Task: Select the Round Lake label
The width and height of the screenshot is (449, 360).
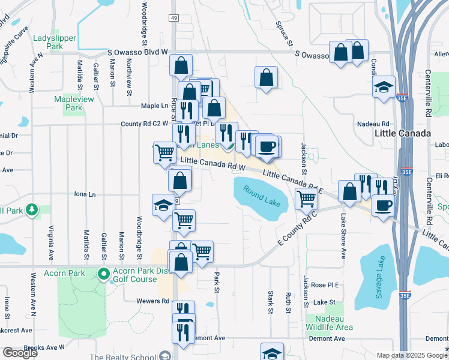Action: point(262,196)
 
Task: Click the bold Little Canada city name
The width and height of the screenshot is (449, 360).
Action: point(402,133)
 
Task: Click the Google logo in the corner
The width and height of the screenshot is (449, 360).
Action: point(20,353)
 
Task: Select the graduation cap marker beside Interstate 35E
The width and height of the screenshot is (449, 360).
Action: point(384,87)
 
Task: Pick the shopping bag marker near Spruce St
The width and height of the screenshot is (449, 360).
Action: point(266,77)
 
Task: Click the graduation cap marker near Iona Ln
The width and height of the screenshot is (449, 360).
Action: point(163,205)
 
